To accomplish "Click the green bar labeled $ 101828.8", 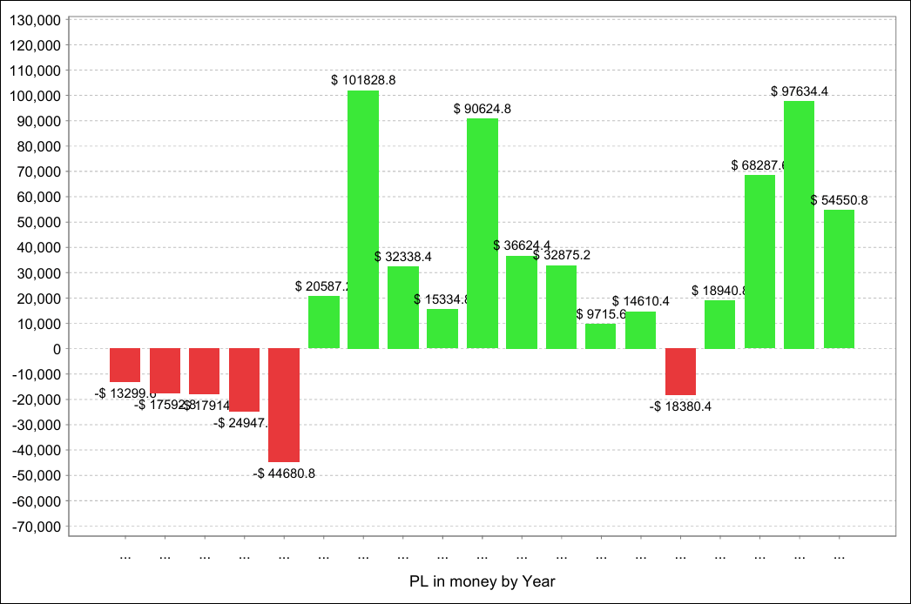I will [363, 219].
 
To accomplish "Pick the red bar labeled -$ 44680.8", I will [284, 405].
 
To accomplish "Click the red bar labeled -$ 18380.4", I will [680, 372].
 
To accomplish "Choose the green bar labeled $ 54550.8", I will [839, 279].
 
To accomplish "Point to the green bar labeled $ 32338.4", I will [403, 307].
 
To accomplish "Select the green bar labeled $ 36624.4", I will [522, 302].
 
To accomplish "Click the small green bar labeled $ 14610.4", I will [640, 330].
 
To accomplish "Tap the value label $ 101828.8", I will [363, 80].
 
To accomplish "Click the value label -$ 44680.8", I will [284, 473].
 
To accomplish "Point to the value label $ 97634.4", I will [799, 91].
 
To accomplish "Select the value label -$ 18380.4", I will [680, 406].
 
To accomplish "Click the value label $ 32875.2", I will [562, 256].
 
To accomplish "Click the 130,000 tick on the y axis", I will [36, 19].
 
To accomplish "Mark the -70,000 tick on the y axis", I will [36, 527].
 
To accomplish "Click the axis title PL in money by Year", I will [482, 581].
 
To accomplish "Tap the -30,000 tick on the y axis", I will [36, 425].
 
